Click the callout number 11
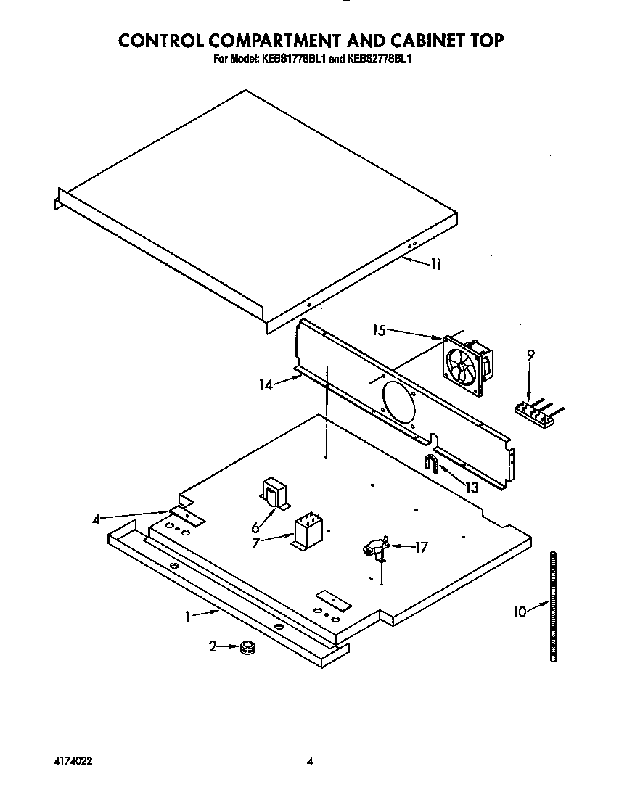(x=435, y=265)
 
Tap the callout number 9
(x=530, y=355)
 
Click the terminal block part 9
(x=536, y=413)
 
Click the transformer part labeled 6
(x=275, y=494)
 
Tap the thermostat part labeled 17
(x=375, y=548)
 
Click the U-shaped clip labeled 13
(x=433, y=464)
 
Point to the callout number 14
(x=266, y=385)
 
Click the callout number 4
(x=97, y=518)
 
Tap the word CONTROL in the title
(x=164, y=40)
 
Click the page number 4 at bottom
(x=309, y=761)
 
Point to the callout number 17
(x=421, y=547)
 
